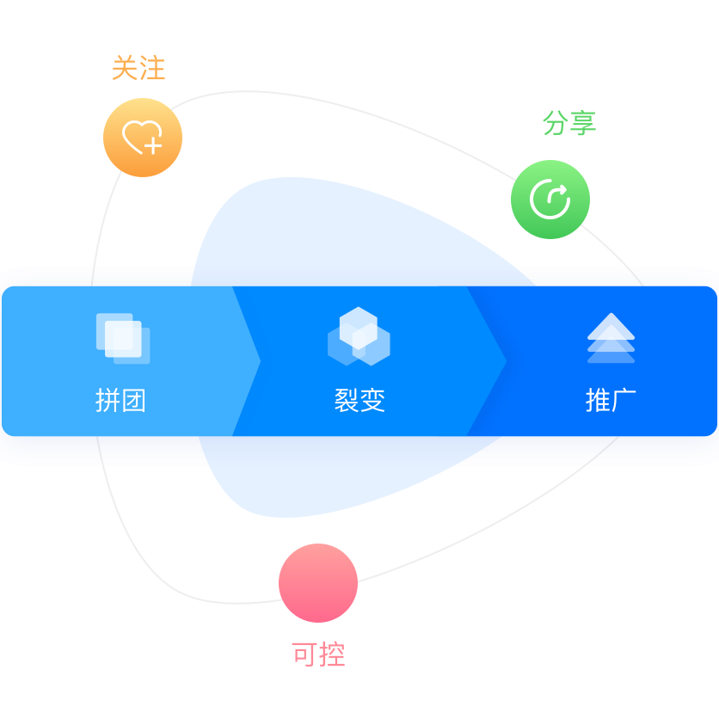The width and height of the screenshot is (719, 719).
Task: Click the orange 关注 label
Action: click(x=138, y=68)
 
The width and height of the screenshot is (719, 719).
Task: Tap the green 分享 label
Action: click(x=568, y=123)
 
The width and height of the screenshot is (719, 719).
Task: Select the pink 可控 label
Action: click(x=318, y=654)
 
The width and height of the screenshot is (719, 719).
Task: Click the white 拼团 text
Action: click(x=120, y=400)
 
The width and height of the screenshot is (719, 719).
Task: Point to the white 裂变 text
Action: click(x=359, y=400)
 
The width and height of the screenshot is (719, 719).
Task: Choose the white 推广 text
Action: click(x=611, y=400)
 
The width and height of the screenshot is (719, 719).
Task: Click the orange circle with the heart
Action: click(x=143, y=138)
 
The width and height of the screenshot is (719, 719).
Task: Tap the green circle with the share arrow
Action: click(x=550, y=200)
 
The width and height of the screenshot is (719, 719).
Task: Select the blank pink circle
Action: click(x=318, y=583)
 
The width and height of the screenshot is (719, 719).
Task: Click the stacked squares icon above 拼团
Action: click(x=123, y=338)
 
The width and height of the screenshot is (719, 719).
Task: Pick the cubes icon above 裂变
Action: click(x=359, y=335)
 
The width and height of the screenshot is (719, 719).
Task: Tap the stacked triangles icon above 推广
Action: click(x=611, y=337)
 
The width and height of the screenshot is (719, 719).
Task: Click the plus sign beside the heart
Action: click(x=153, y=145)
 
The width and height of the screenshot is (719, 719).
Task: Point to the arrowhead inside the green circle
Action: click(x=560, y=191)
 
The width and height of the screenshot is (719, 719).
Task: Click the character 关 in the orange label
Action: click(x=125, y=68)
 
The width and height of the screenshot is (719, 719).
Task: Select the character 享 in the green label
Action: click(x=582, y=123)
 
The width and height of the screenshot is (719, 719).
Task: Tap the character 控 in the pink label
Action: click(x=332, y=654)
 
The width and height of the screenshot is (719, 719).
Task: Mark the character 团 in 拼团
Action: click(x=133, y=400)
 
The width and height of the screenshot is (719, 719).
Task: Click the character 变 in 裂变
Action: click(x=372, y=400)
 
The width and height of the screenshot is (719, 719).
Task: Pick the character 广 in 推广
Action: click(x=624, y=400)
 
